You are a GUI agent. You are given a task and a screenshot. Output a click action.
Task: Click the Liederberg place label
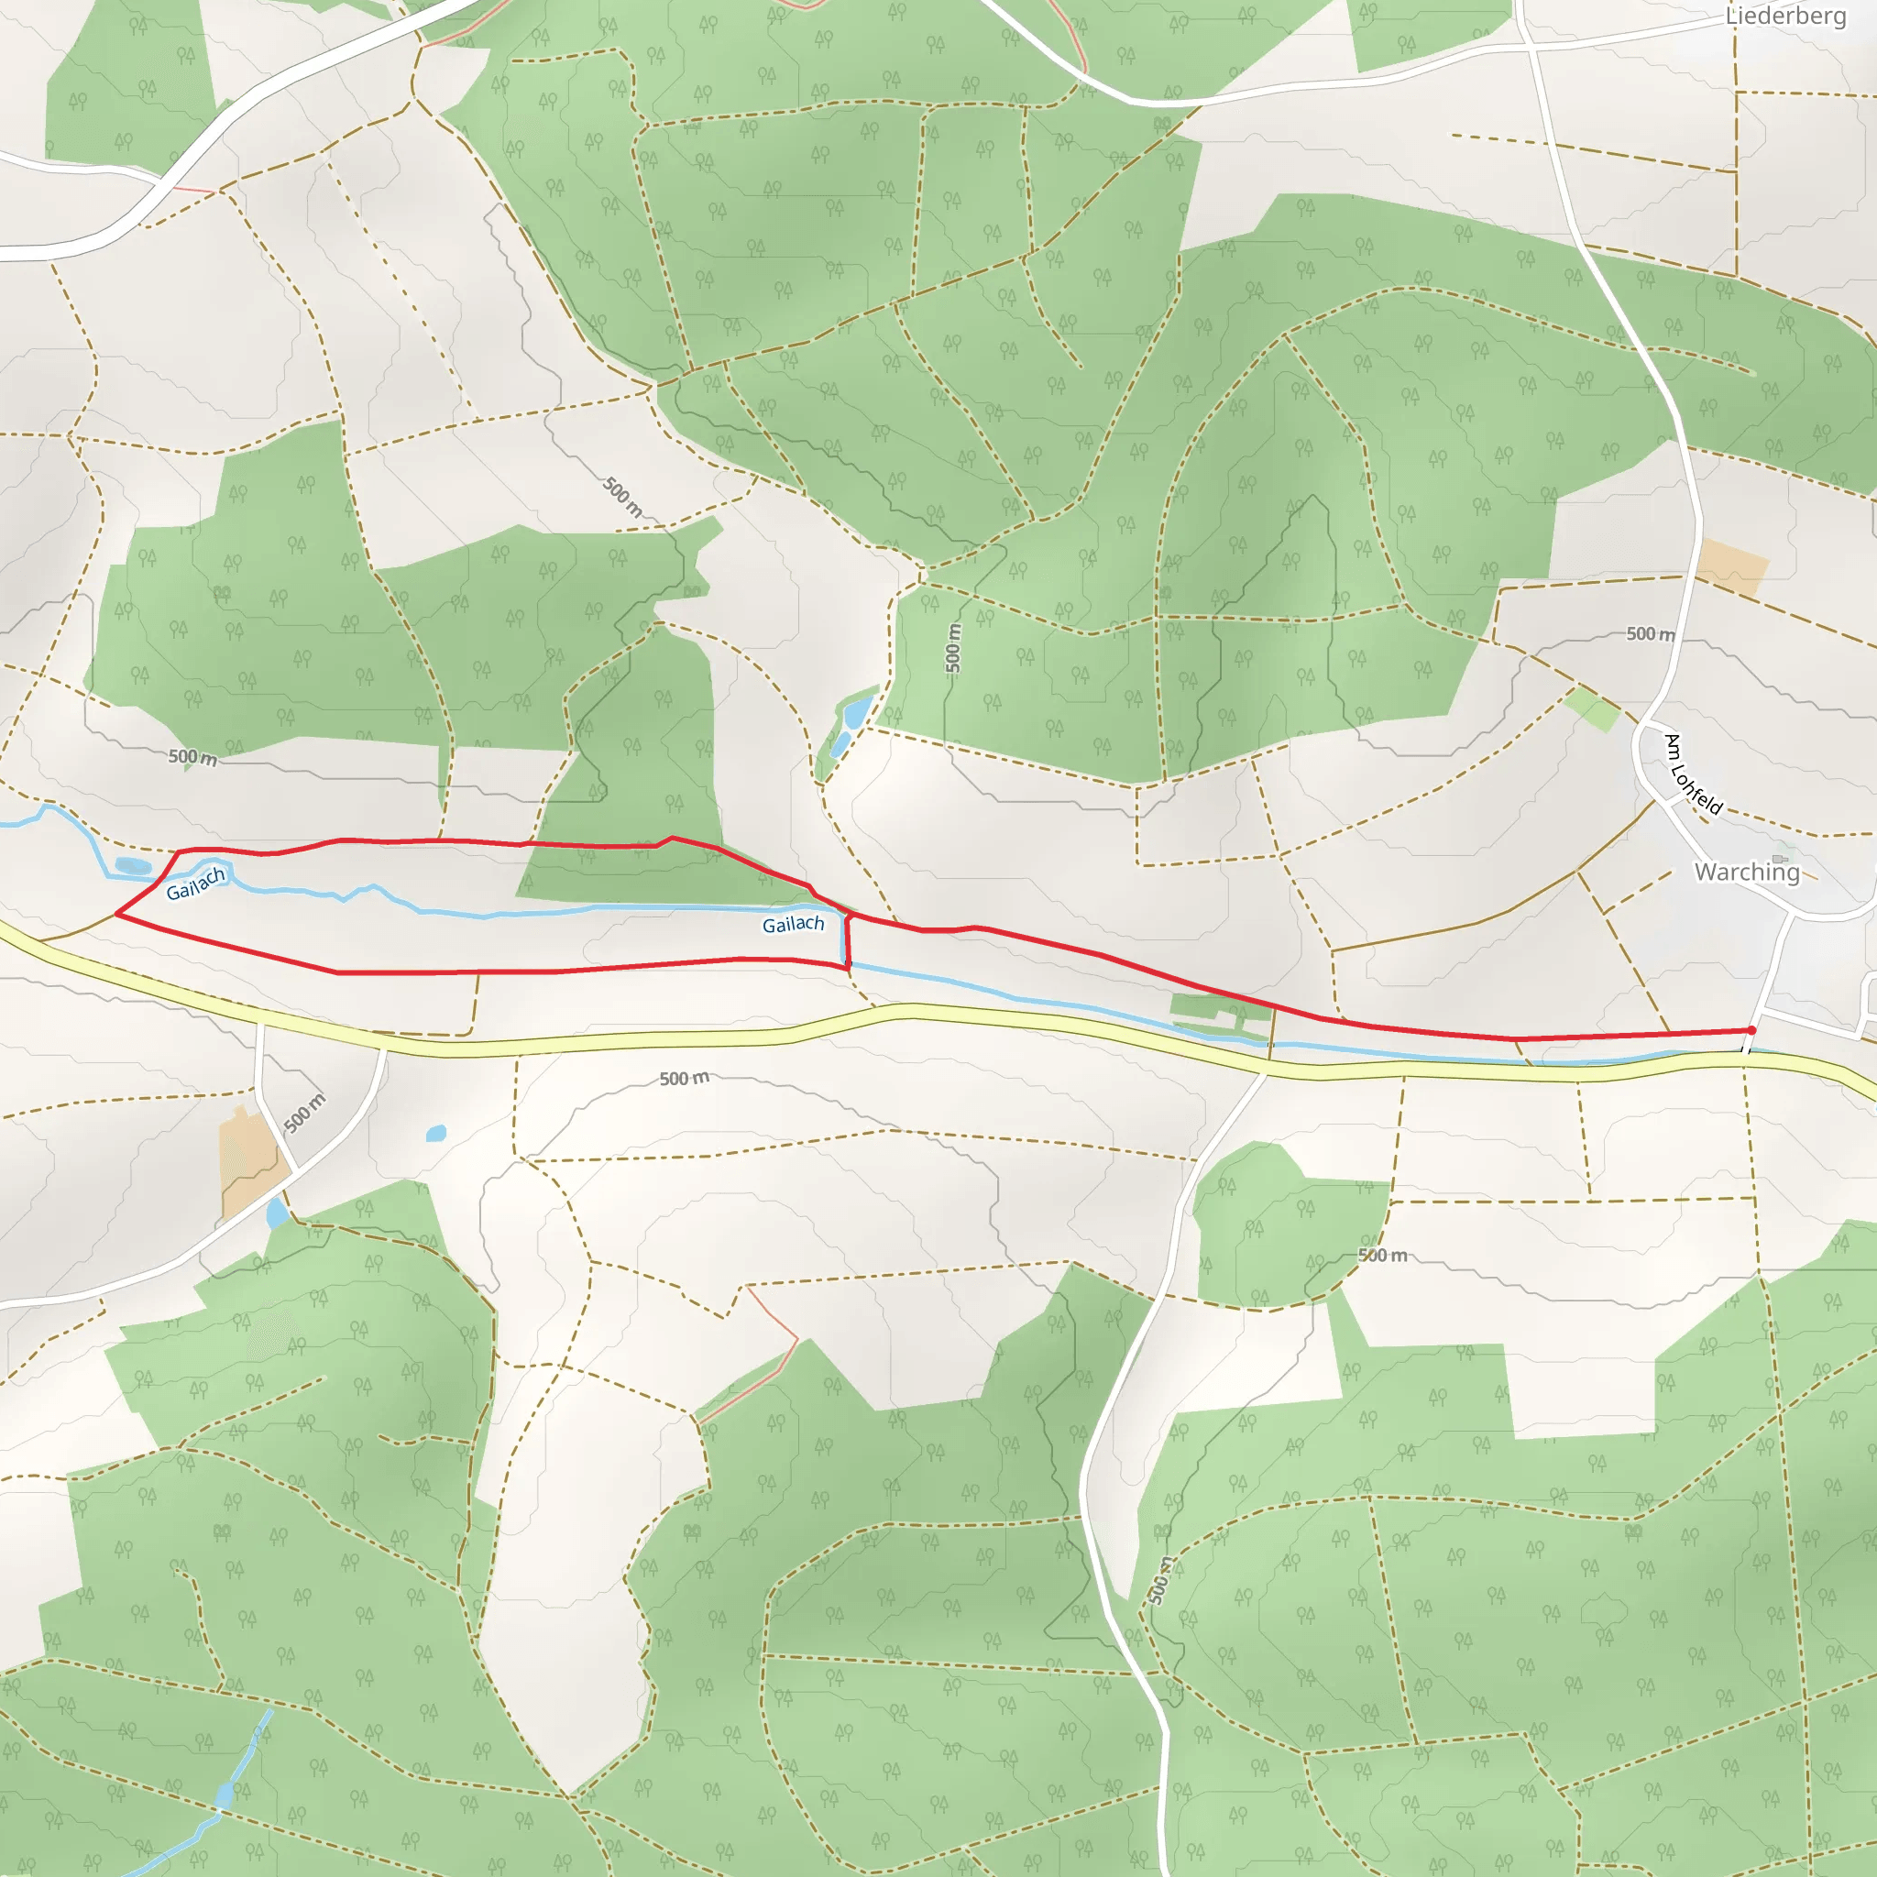pos(1785,16)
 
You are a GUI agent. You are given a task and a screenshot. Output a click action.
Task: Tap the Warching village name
pos(1747,872)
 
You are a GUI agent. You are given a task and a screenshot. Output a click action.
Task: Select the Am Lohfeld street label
pos(1694,774)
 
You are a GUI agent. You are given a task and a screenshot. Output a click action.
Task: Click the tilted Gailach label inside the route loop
pos(195,884)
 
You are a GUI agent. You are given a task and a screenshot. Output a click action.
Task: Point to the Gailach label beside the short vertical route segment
pos(793,924)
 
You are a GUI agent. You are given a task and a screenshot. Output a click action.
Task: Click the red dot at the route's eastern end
pos(1751,1030)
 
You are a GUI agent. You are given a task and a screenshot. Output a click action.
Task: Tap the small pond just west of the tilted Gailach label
pos(133,865)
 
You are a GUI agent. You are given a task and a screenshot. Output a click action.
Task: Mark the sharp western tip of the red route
pos(116,914)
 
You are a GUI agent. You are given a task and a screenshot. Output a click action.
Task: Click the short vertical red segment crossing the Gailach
pos(847,940)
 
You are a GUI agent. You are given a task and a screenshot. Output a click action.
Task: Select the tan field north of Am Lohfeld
pos(1732,566)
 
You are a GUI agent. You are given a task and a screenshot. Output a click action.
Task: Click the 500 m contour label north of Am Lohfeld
pos(1651,633)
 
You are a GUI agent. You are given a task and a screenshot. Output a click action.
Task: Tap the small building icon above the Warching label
pos(1780,859)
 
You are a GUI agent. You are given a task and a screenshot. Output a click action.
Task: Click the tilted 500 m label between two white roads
pos(304,1113)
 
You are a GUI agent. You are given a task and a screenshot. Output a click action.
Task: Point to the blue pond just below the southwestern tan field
pos(277,1213)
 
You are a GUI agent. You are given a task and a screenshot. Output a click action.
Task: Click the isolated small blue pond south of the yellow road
pos(436,1133)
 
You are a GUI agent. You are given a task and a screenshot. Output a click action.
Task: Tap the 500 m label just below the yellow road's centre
pos(684,1079)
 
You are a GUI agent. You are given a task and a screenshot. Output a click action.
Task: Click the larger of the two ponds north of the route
pos(857,712)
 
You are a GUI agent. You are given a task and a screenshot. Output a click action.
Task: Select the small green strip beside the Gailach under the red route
pos(1219,1008)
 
